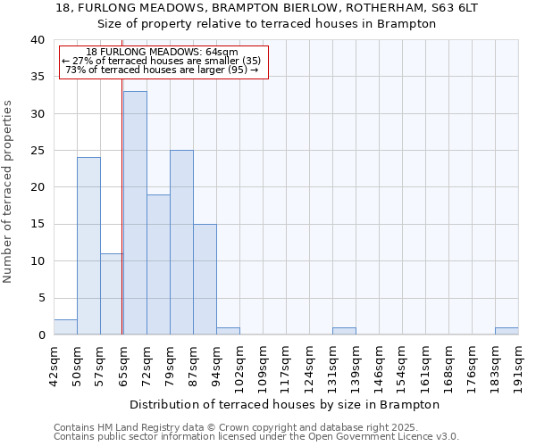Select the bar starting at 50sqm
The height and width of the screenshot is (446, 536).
click(x=88, y=245)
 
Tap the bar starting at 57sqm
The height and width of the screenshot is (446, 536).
click(x=112, y=293)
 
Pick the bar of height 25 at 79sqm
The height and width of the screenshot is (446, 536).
click(x=181, y=242)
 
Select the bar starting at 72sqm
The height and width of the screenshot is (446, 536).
click(x=158, y=264)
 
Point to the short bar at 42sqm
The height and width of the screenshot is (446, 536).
click(x=65, y=327)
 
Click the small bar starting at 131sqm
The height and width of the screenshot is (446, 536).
click(x=344, y=331)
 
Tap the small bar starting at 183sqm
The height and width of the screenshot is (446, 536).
click(x=507, y=331)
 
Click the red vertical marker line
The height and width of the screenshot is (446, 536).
click(x=121, y=223)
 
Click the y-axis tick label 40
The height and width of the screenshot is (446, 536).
click(x=37, y=40)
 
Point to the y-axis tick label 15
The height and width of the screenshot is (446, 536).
click(x=37, y=225)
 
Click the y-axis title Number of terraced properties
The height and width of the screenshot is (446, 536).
click(x=8, y=192)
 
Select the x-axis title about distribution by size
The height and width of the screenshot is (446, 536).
click(x=285, y=404)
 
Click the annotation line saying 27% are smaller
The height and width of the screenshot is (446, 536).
click(x=162, y=61)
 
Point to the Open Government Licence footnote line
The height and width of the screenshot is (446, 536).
click(x=256, y=437)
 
